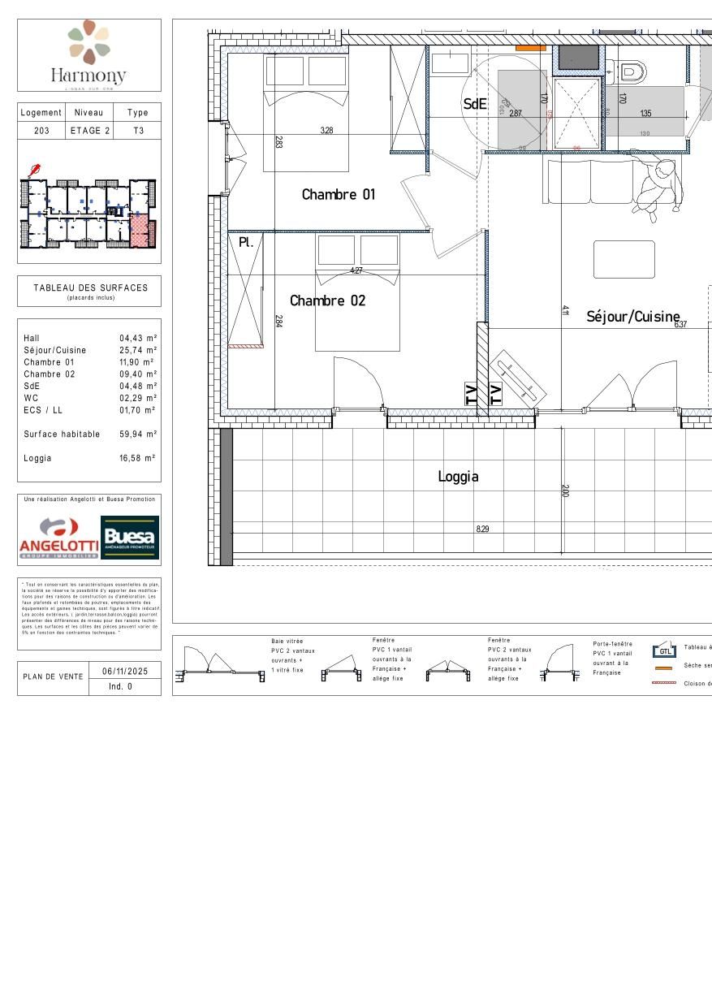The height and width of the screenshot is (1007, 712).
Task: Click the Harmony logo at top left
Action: tap(89, 54)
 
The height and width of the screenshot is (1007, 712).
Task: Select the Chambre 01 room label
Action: tap(339, 195)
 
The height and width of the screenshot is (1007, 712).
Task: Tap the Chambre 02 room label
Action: tap(327, 301)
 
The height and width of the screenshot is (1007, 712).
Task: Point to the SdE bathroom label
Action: tap(474, 104)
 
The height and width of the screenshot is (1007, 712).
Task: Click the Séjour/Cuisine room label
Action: tap(632, 317)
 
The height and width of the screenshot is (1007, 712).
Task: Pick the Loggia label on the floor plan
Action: tap(458, 478)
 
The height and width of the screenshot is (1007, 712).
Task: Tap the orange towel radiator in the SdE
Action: tap(530, 49)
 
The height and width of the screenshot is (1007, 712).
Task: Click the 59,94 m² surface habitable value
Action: tap(138, 434)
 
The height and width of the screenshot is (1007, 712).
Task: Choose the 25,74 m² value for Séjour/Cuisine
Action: tap(138, 350)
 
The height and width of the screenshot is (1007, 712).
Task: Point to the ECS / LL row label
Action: tap(43, 410)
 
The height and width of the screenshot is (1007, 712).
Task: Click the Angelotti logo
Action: tap(58, 538)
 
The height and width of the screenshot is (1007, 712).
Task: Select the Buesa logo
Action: tap(130, 538)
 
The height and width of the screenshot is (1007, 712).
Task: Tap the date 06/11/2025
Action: tap(125, 671)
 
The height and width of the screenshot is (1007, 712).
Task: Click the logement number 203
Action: tap(41, 131)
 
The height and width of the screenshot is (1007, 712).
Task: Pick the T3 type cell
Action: tap(138, 131)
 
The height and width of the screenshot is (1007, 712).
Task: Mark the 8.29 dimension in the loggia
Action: tap(483, 529)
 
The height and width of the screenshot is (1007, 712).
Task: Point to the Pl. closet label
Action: tap(246, 242)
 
